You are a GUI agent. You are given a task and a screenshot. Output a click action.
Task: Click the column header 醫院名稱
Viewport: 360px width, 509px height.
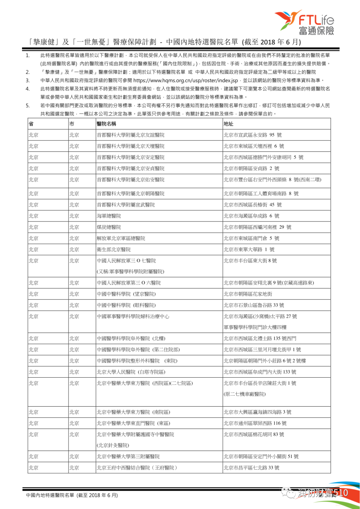106,124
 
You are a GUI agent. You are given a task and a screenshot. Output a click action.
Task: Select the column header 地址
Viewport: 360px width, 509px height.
228,124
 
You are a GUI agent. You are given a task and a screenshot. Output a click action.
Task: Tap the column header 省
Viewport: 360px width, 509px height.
31,124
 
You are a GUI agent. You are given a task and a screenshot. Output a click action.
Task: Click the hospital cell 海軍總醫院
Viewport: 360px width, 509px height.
109,216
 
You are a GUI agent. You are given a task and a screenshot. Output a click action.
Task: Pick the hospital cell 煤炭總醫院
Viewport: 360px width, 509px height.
109,227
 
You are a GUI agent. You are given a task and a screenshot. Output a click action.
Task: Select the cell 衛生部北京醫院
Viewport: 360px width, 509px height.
114,249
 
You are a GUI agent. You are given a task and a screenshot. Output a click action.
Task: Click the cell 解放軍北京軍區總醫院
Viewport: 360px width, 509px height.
121,238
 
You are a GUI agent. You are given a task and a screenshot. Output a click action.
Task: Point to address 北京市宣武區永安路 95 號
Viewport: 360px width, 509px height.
252,135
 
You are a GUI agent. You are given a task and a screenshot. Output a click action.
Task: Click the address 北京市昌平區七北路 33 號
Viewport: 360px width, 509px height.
251,468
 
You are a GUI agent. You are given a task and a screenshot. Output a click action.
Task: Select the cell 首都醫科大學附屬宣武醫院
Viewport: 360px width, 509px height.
126,205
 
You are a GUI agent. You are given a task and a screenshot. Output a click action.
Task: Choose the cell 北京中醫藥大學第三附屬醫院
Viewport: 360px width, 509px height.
128,456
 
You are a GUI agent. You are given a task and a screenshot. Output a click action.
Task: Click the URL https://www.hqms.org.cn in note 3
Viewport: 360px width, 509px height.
185,80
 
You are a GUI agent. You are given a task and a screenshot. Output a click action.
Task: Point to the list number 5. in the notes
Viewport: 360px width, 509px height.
28,105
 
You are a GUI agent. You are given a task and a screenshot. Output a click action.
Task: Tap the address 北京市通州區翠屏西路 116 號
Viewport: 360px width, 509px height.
255,423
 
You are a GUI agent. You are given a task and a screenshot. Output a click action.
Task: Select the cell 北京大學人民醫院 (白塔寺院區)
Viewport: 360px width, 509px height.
131,372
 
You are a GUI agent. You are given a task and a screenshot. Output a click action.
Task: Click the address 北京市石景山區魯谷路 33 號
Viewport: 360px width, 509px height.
254,305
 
